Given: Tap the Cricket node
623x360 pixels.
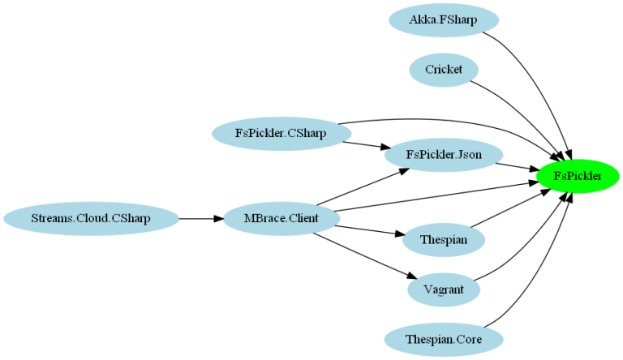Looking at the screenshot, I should [443, 70].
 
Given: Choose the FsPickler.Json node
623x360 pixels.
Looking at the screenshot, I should [443, 154].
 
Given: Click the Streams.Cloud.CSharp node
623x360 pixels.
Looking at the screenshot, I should [91, 219].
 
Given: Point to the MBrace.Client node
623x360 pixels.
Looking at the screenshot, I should [281, 219].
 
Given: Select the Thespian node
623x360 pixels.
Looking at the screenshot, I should [443, 239].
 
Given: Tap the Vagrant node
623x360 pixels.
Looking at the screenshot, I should [443, 289].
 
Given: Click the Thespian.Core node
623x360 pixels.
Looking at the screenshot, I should [443, 339].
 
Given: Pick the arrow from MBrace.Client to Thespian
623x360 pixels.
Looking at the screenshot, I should [369, 230].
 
